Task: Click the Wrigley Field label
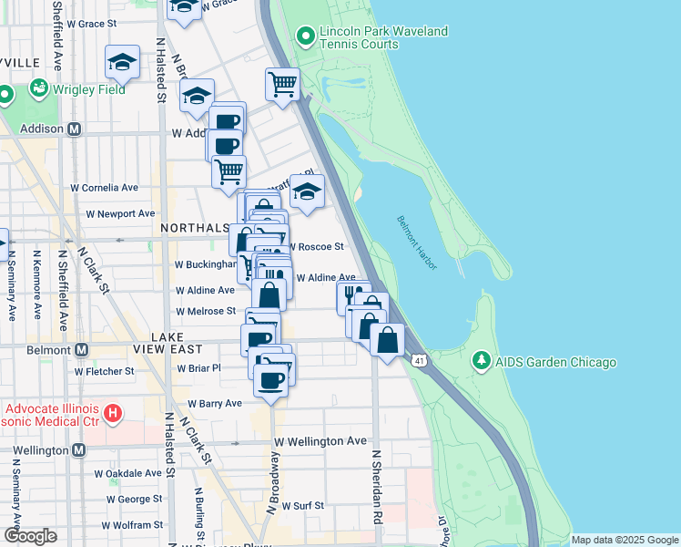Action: pyautogui.click(x=90, y=89)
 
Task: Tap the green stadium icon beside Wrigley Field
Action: pyautogui.click(x=39, y=89)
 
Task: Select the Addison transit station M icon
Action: pyautogui.click(x=76, y=129)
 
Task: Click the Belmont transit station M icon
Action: pyautogui.click(x=81, y=349)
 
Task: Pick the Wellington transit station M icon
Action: pyautogui.click(x=79, y=450)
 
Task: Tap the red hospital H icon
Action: pyautogui.click(x=113, y=415)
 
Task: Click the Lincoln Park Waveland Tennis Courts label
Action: pyautogui.click(x=383, y=37)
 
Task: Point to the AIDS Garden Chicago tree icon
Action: pyautogui.click(x=481, y=362)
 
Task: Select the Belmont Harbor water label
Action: pyautogui.click(x=417, y=242)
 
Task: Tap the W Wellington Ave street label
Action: pyautogui.click(x=320, y=441)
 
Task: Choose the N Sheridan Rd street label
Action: pyautogui.click(x=374, y=487)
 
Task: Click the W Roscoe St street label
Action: pyautogui.click(x=316, y=246)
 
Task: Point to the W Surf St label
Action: pyautogui.click(x=303, y=505)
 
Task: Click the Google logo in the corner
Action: pyautogui.click(x=30, y=537)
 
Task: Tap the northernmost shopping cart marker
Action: pyautogui.click(x=283, y=84)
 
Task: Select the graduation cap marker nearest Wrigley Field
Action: pyautogui.click(x=123, y=62)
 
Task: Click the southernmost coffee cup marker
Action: pyautogui.click(x=270, y=379)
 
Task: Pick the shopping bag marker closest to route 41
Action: pyautogui.click(x=388, y=340)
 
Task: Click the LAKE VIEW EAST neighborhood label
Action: pyautogui.click(x=182, y=343)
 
